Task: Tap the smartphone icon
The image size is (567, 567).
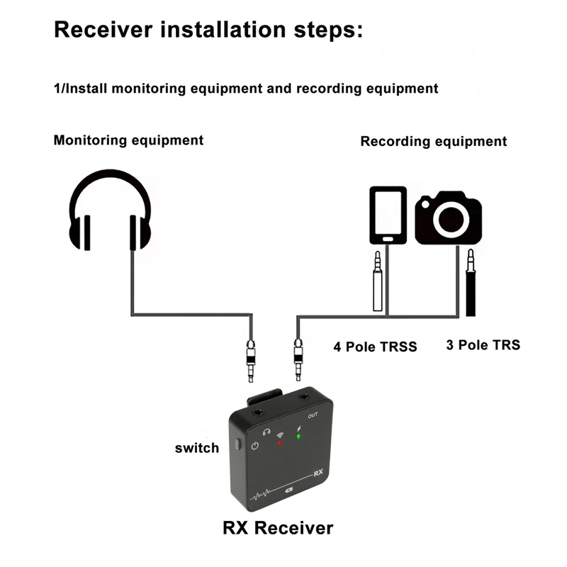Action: click(x=388, y=215)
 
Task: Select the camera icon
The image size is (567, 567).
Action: click(x=449, y=218)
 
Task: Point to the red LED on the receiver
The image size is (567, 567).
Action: click(x=279, y=443)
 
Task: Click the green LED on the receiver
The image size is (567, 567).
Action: click(x=298, y=437)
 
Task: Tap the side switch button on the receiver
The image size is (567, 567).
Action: click(x=237, y=444)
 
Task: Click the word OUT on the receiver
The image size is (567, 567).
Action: click(x=313, y=415)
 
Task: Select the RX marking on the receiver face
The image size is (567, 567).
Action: click(x=318, y=473)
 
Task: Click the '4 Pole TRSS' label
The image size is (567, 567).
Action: click(x=375, y=347)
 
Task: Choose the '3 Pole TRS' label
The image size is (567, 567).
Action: click(x=483, y=345)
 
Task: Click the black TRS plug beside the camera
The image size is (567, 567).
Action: click(x=471, y=282)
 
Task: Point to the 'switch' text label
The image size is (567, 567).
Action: click(x=197, y=448)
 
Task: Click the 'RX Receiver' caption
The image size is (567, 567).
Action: click(x=278, y=528)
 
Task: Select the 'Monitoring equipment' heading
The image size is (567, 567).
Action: click(x=128, y=140)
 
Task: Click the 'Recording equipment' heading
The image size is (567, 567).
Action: click(x=434, y=141)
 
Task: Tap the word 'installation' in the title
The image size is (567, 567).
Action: click(x=223, y=29)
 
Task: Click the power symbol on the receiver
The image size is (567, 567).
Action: click(x=255, y=446)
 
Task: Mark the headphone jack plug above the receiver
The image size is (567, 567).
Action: click(x=251, y=361)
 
